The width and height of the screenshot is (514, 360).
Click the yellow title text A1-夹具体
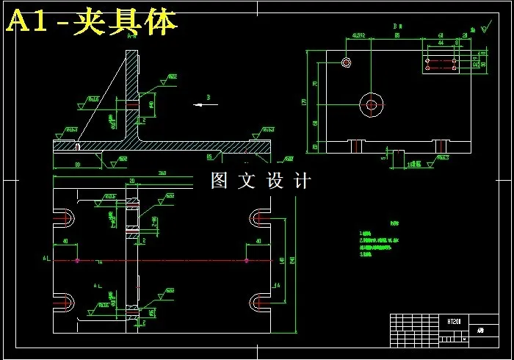point(92,23)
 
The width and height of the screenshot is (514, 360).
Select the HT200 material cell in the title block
point(454,321)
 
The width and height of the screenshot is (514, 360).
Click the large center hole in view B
point(372,105)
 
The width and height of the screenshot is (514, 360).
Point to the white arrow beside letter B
point(206,104)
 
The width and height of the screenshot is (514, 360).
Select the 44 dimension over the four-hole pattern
point(441,43)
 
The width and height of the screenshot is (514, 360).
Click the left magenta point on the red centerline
point(77,260)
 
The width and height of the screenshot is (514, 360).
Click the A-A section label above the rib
point(132,35)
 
